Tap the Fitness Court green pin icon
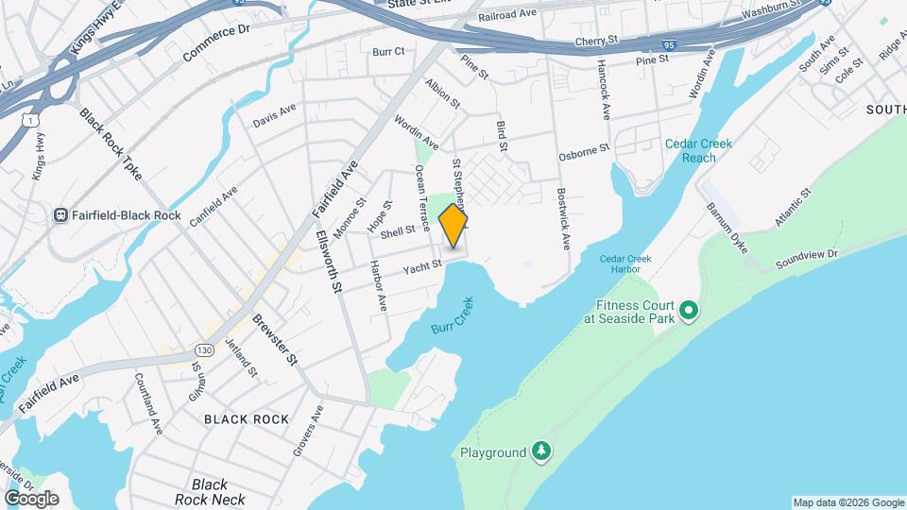tap(689, 310)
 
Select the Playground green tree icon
tap(540, 451)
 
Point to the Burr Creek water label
tap(452, 314)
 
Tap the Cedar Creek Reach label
tap(698, 150)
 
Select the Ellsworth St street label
tap(329, 261)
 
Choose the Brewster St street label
tap(275, 339)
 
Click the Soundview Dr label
tap(807, 256)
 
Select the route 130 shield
tap(206, 349)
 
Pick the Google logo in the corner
tap(31, 499)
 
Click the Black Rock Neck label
tap(210, 492)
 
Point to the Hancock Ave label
tap(602, 90)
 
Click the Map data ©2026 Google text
tap(847, 502)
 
